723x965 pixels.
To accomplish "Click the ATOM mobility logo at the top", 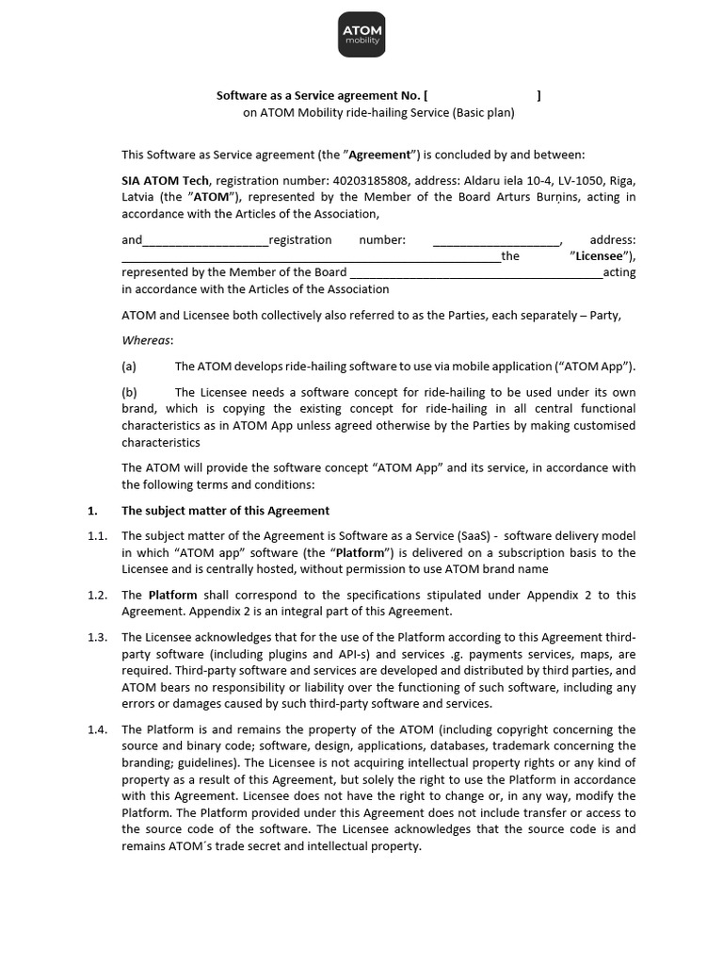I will [x=361, y=35].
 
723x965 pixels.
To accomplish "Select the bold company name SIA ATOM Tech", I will [x=166, y=180].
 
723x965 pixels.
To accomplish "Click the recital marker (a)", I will [x=130, y=366].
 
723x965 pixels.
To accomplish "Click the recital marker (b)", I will [x=130, y=392].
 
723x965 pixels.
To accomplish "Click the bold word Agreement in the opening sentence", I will [x=381, y=155].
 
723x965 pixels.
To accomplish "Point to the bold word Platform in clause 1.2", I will [x=172, y=595].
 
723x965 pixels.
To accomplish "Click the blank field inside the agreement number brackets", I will [x=482, y=95].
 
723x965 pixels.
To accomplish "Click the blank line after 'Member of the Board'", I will [x=476, y=273].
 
